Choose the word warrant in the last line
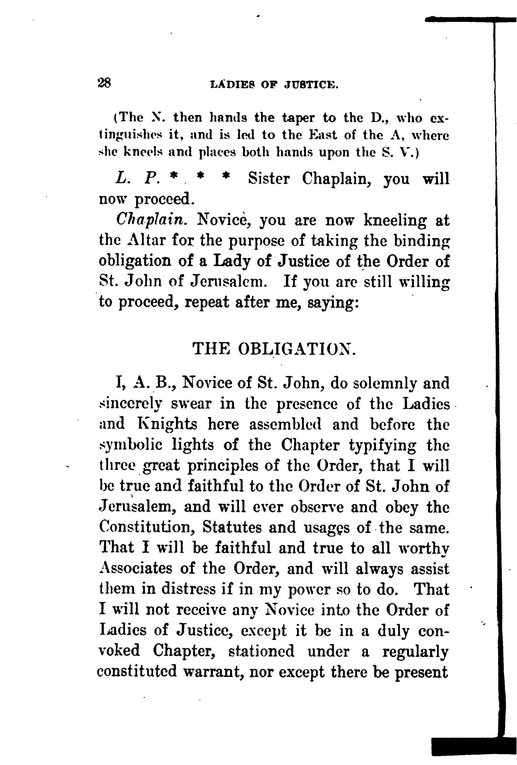point(213,672)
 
